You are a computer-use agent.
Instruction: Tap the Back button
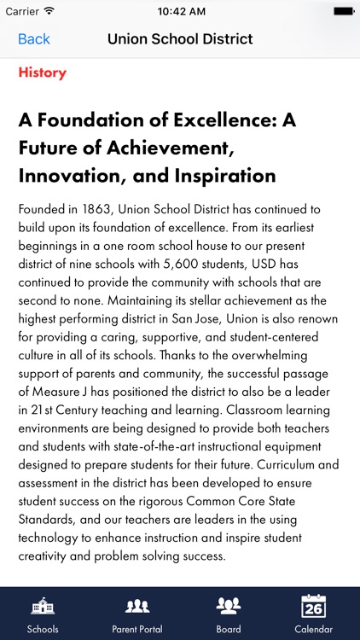click(x=34, y=39)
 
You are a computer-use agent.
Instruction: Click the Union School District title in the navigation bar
click(x=180, y=39)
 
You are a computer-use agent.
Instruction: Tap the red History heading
click(x=42, y=73)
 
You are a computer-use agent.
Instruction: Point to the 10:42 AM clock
click(x=180, y=12)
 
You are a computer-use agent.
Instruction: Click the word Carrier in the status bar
click(x=21, y=12)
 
